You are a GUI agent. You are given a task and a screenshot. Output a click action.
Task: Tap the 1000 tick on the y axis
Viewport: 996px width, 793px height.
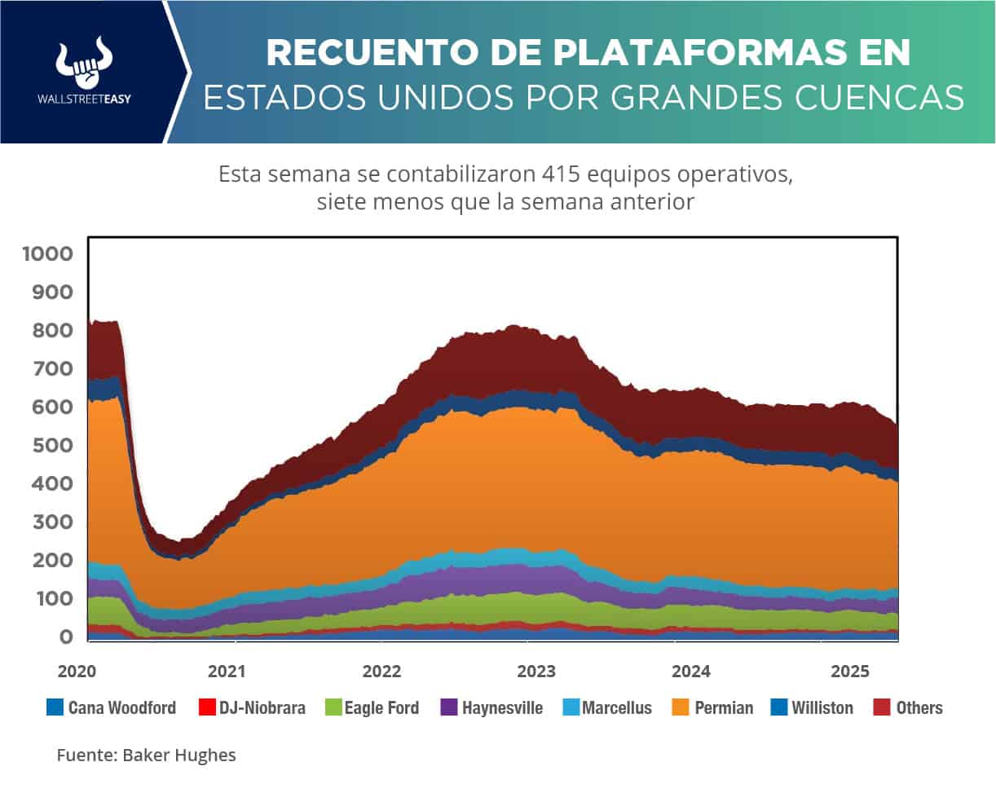click(48, 253)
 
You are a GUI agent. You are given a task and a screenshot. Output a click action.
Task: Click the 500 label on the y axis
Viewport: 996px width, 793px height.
click(55, 445)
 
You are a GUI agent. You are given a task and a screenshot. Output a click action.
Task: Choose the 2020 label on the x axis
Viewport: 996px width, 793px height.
click(77, 672)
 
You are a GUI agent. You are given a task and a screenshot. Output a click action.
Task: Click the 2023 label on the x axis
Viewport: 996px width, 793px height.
click(536, 672)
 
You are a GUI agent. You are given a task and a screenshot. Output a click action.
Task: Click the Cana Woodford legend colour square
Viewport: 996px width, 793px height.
click(55, 707)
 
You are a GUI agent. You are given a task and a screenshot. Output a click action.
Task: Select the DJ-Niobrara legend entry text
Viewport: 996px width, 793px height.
click(262, 707)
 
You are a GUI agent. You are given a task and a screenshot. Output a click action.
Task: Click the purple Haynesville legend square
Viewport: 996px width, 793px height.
click(448, 707)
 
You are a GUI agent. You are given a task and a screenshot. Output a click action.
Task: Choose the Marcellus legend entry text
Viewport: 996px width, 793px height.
click(617, 707)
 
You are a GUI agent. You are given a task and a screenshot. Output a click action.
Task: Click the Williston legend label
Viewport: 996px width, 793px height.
click(822, 707)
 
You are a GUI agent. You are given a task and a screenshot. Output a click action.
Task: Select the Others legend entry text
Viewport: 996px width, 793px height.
click(919, 707)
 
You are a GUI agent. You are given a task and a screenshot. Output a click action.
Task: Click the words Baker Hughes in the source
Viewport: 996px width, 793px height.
click(179, 756)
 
